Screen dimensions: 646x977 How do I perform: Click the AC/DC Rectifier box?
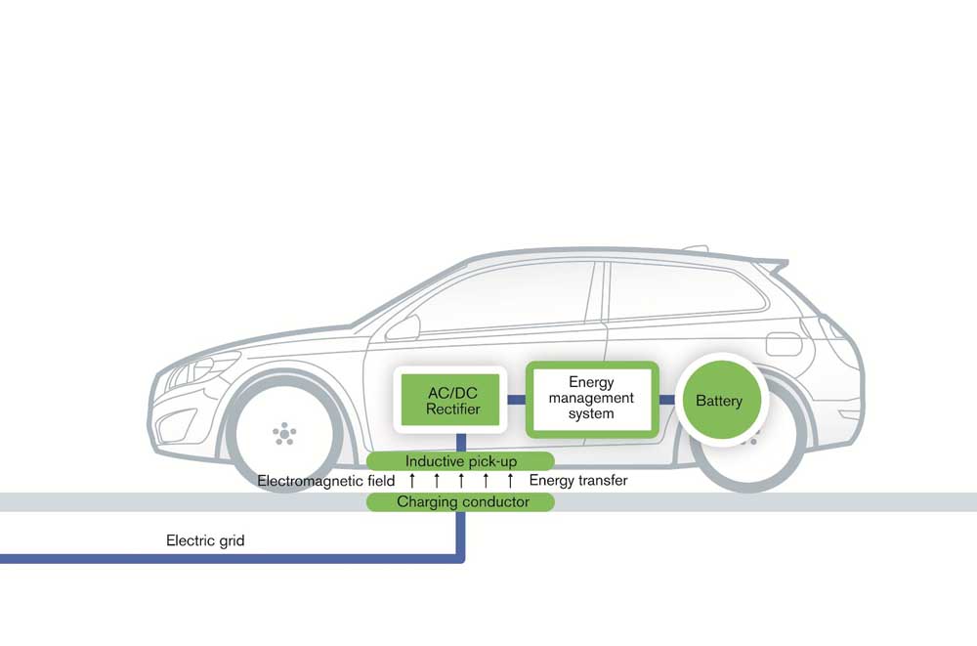point(451,400)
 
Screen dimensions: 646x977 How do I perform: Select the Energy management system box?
point(591,398)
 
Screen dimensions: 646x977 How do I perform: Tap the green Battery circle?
point(718,401)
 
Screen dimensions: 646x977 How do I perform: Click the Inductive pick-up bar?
point(460,460)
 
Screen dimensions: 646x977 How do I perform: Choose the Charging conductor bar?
point(460,502)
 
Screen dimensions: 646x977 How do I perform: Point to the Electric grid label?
point(205,539)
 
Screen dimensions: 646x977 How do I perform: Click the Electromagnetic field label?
point(326,481)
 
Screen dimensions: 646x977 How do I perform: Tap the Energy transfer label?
point(578,481)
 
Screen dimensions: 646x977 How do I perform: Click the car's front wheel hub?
point(283,432)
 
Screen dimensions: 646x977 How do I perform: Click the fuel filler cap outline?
point(782,344)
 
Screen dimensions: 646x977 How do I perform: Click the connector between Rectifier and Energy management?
point(516,400)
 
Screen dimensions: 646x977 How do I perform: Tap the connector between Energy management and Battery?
point(667,400)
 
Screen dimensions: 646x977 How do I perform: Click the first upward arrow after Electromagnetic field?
point(411,481)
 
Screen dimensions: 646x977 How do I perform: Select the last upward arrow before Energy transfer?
point(509,481)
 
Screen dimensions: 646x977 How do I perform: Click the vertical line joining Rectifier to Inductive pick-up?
point(460,441)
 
